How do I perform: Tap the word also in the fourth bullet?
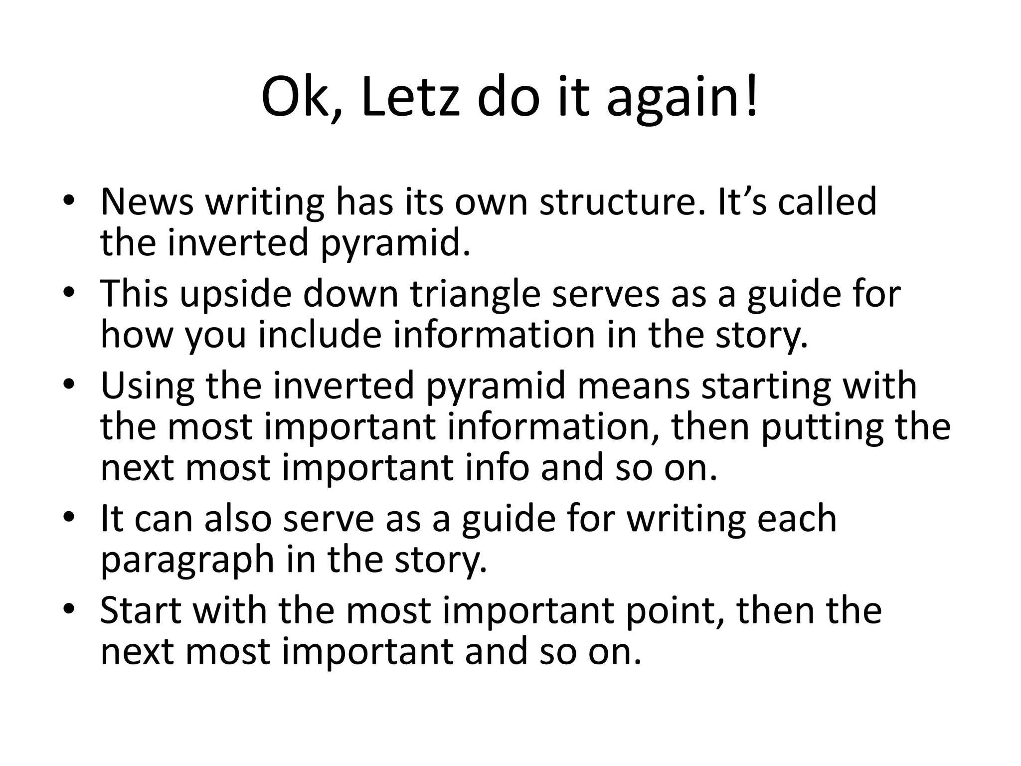pos(238,519)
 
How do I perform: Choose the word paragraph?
pos(187,561)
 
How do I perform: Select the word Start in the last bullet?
pos(141,611)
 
